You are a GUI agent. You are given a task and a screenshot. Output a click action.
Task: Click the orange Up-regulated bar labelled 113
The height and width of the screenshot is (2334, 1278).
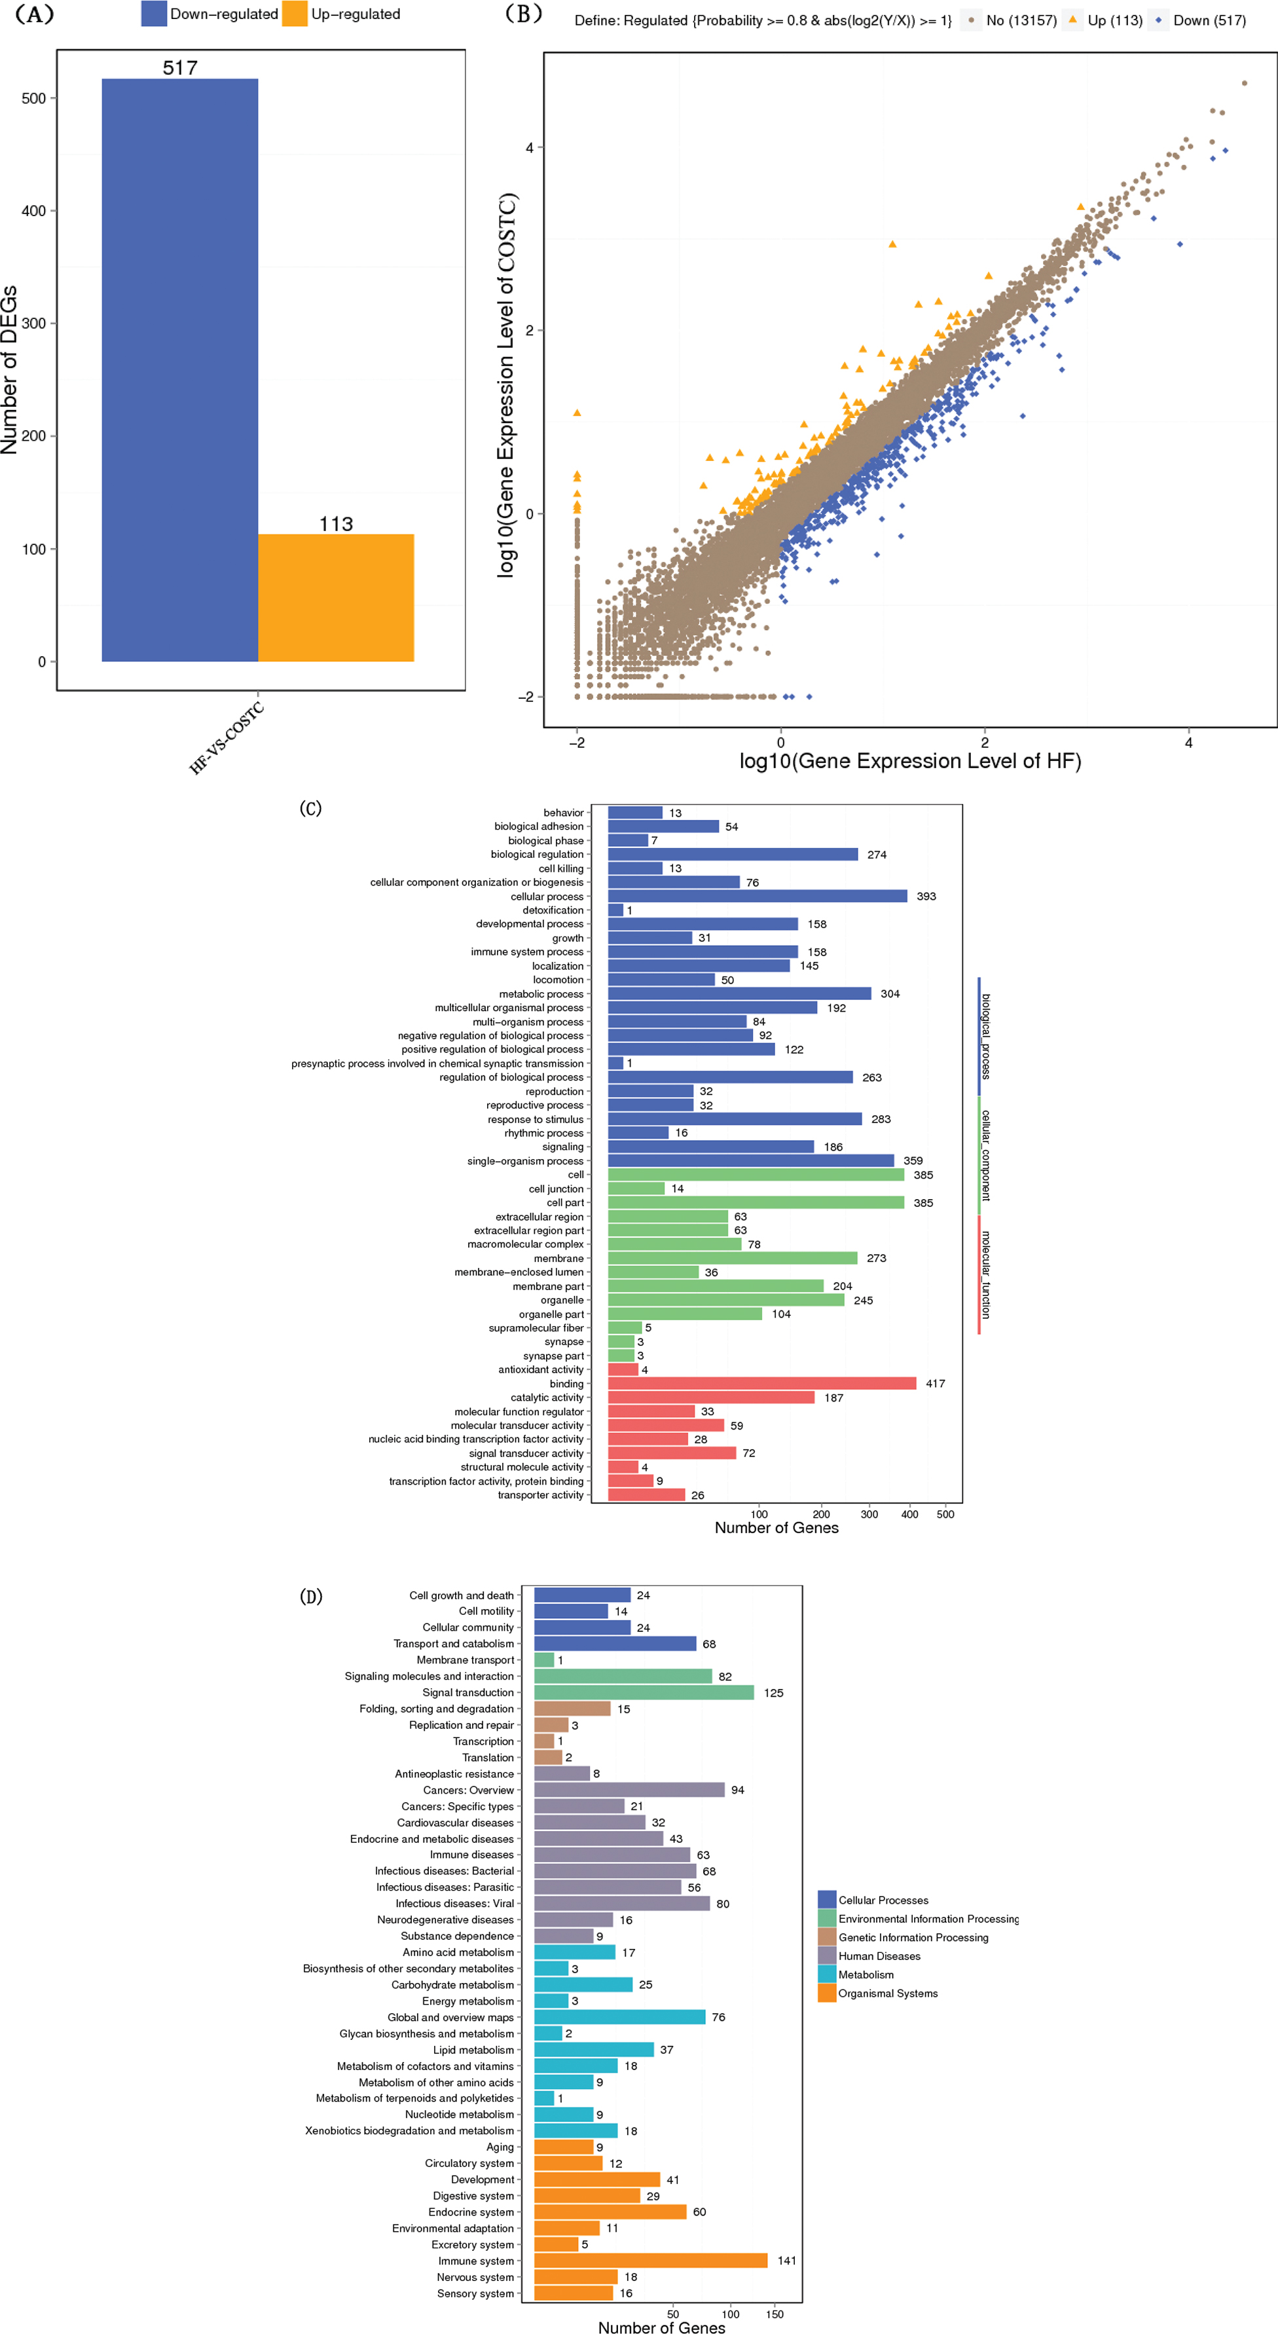[x=336, y=597]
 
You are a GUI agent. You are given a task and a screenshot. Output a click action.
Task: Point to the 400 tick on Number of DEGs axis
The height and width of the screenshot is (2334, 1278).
[x=33, y=211]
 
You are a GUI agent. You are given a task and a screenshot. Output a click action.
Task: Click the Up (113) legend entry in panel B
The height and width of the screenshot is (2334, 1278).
[x=1105, y=20]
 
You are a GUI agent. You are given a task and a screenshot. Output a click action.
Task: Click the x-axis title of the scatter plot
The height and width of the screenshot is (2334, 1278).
[x=909, y=761]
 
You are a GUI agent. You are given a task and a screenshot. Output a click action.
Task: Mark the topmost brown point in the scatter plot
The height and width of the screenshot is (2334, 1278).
[x=1245, y=83]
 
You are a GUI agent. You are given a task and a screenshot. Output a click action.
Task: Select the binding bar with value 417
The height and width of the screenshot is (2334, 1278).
[x=761, y=1384]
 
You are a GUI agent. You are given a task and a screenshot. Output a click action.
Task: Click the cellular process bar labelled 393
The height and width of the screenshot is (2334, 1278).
[x=758, y=896]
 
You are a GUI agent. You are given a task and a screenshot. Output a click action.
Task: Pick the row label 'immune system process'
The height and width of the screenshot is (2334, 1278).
[x=527, y=952]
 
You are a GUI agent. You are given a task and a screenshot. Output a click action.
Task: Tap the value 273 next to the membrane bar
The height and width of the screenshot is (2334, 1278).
[x=877, y=1259]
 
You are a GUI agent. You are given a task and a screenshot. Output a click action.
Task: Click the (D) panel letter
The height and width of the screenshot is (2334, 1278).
[x=311, y=1597]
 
